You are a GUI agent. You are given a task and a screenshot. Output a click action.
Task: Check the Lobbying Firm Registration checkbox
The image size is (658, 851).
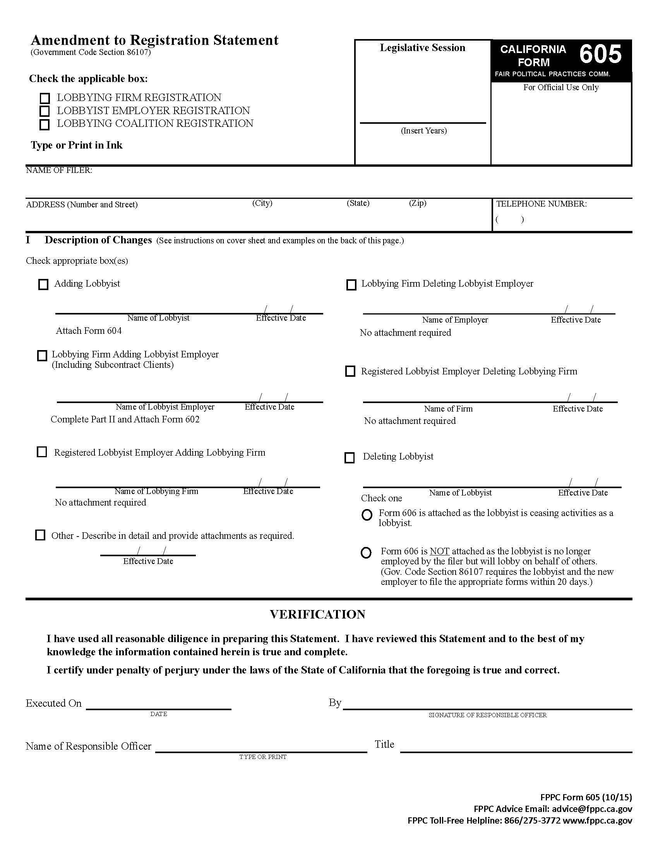[x=45, y=98]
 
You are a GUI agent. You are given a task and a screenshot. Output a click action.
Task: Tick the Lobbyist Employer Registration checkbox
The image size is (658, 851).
[x=45, y=111]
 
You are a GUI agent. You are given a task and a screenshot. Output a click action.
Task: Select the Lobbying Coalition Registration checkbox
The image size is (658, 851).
[x=45, y=125]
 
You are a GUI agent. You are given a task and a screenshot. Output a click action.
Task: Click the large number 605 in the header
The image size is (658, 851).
[x=600, y=54]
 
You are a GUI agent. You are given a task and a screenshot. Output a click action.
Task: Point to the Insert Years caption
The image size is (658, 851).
[x=424, y=131]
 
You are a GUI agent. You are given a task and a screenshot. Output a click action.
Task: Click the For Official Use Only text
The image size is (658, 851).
[x=560, y=88]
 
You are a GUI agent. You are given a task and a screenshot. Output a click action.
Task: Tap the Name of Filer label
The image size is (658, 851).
[x=59, y=170]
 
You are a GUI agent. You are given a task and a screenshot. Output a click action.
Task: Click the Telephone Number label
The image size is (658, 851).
[x=541, y=204]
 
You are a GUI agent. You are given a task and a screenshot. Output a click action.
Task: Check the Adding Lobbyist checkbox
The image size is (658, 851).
[x=43, y=284]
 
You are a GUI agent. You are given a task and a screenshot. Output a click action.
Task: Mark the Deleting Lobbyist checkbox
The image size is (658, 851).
[x=350, y=458]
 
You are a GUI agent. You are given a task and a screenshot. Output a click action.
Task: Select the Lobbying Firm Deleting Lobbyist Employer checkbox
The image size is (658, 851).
[x=351, y=285]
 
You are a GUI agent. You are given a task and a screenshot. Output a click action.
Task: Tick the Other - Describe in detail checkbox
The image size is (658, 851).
[x=40, y=535]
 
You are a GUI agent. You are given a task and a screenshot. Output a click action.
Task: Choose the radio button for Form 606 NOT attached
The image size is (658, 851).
[x=366, y=553]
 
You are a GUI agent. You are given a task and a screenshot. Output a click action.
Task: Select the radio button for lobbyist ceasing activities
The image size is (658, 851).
[x=367, y=515]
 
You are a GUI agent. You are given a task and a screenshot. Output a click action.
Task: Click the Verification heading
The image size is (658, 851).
[x=317, y=615]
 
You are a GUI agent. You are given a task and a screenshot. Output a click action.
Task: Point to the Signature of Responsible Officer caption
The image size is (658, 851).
[x=487, y=715]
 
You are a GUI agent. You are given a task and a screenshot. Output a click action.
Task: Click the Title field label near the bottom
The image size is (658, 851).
[x=384, y=744]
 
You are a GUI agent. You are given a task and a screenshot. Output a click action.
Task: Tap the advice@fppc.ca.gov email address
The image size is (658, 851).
[x=592, y=809]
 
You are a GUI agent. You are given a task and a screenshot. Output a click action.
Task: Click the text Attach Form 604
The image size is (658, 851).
[x=89, y=331]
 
